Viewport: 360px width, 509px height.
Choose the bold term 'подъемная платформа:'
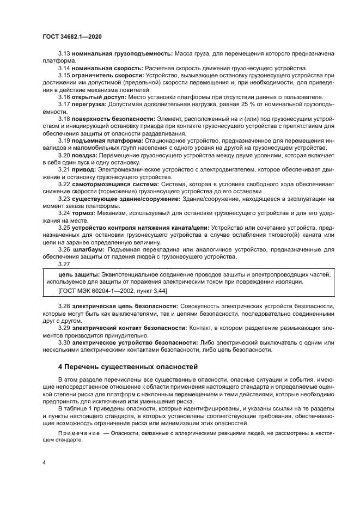[105, 139]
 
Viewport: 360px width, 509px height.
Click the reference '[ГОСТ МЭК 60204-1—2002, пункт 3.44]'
[113, 291]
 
